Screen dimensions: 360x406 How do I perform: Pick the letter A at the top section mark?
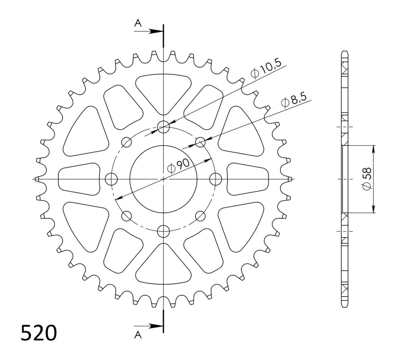pos(138,23)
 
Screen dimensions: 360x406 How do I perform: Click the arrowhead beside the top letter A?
pos(156,31)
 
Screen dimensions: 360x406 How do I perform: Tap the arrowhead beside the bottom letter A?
pos(156,326)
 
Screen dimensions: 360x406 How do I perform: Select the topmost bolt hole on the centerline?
pos(163,127)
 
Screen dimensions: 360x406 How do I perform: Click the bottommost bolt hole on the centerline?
pos(163,231)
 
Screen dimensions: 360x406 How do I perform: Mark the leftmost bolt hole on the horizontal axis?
pos(111,179)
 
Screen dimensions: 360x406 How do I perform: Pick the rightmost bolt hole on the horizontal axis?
pos(216,179)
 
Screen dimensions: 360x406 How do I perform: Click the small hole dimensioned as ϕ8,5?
pos(200,142)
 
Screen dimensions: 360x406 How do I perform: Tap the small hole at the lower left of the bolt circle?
pos(127,215)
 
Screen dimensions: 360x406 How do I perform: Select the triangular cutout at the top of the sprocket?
pos(163,90)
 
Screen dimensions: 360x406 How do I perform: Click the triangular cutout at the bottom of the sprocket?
pos(163,268)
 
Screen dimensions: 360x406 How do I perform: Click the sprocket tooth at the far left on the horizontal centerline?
pos(37,179)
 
